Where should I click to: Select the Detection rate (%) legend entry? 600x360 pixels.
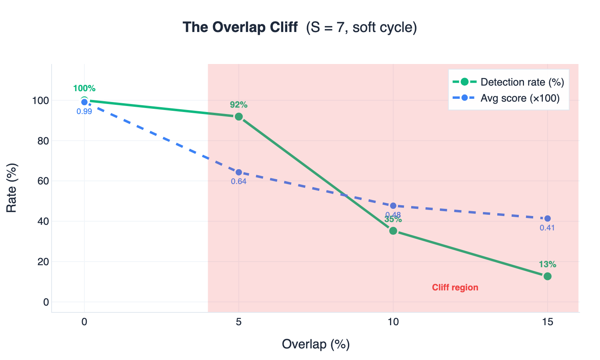point(522,82)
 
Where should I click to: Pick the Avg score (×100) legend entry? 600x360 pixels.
point(520,98)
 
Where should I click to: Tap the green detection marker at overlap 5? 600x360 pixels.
point(239,116)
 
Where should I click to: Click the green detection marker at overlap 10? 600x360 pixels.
point(393,231)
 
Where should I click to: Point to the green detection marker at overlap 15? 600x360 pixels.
point(548,276)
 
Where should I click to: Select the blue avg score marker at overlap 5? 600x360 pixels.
point(239,172)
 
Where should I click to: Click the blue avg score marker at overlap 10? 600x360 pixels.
point(393,206)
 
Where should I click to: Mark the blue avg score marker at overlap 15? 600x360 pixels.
point(548,218)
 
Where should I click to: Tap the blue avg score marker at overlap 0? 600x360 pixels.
point(84,102)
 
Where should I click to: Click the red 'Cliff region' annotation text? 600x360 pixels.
point(455,288)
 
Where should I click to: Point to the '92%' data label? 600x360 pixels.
point(239,105)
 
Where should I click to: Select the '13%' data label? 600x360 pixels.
point(548,264)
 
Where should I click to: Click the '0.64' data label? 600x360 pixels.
point(239,182)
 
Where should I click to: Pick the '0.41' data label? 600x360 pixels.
point(548,228)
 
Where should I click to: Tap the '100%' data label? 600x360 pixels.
point(84,89)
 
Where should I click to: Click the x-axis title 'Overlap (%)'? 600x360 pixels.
point(316,344)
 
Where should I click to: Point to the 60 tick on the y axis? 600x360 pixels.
point(43,181)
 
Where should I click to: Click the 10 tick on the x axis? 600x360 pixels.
point(393,322)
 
